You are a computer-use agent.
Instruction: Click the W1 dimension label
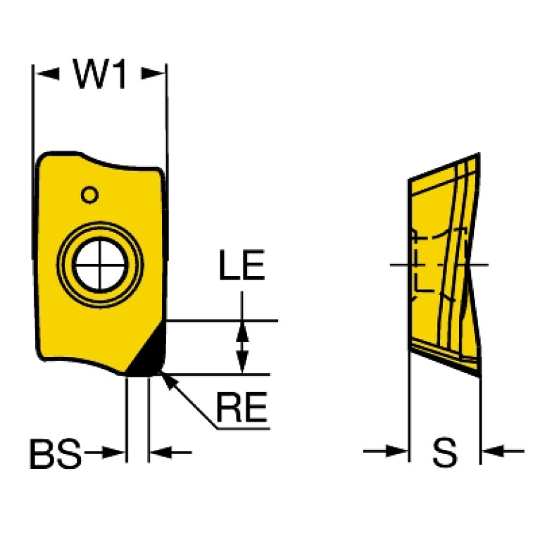100,74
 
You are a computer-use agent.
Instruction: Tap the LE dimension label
242,265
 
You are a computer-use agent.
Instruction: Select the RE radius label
241,407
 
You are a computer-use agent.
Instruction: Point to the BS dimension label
56,453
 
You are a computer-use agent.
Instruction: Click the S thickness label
445,452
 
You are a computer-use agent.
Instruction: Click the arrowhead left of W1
48,74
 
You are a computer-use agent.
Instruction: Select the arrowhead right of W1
153,73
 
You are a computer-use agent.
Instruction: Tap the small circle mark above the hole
89,195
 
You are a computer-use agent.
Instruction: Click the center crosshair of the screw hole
100,265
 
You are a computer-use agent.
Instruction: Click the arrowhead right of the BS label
113,452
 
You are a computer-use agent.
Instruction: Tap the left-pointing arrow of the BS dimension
161,452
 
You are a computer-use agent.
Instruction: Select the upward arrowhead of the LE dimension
242,332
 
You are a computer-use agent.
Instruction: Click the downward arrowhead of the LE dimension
242,363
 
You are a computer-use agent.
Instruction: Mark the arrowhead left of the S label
396,451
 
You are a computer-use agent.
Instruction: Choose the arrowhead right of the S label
493,451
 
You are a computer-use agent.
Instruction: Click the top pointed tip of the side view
479,153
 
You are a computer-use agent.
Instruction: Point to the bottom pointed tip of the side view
479,376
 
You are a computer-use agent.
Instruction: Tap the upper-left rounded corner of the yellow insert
42,159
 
